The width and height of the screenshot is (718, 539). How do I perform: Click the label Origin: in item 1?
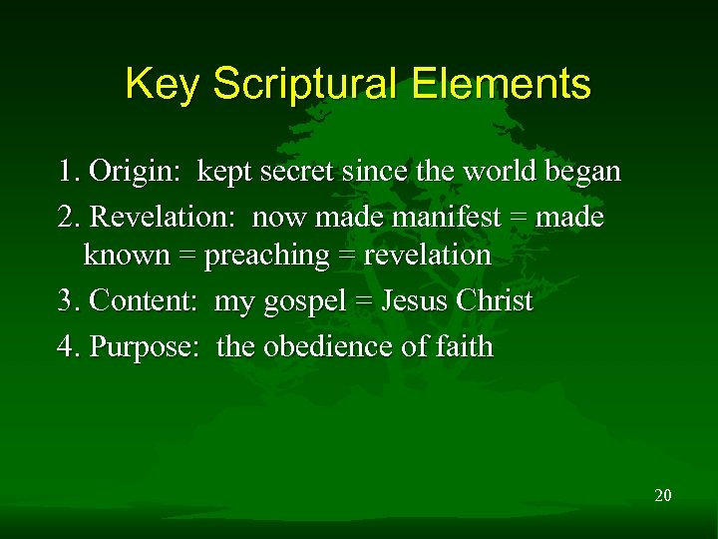pos(135,172)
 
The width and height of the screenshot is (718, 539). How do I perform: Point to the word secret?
pos(298,172)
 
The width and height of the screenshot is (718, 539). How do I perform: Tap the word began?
pos(582,172)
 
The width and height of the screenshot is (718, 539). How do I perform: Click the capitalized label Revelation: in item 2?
pos(164,217)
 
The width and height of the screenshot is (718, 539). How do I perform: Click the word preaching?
pos(266,256)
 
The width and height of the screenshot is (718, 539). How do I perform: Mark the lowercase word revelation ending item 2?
pos(427,256)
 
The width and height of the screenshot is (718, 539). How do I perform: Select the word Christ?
pos(495,301)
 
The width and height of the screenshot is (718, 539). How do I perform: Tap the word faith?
pos(465,347)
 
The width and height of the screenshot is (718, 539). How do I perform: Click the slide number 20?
pos(663,494)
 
